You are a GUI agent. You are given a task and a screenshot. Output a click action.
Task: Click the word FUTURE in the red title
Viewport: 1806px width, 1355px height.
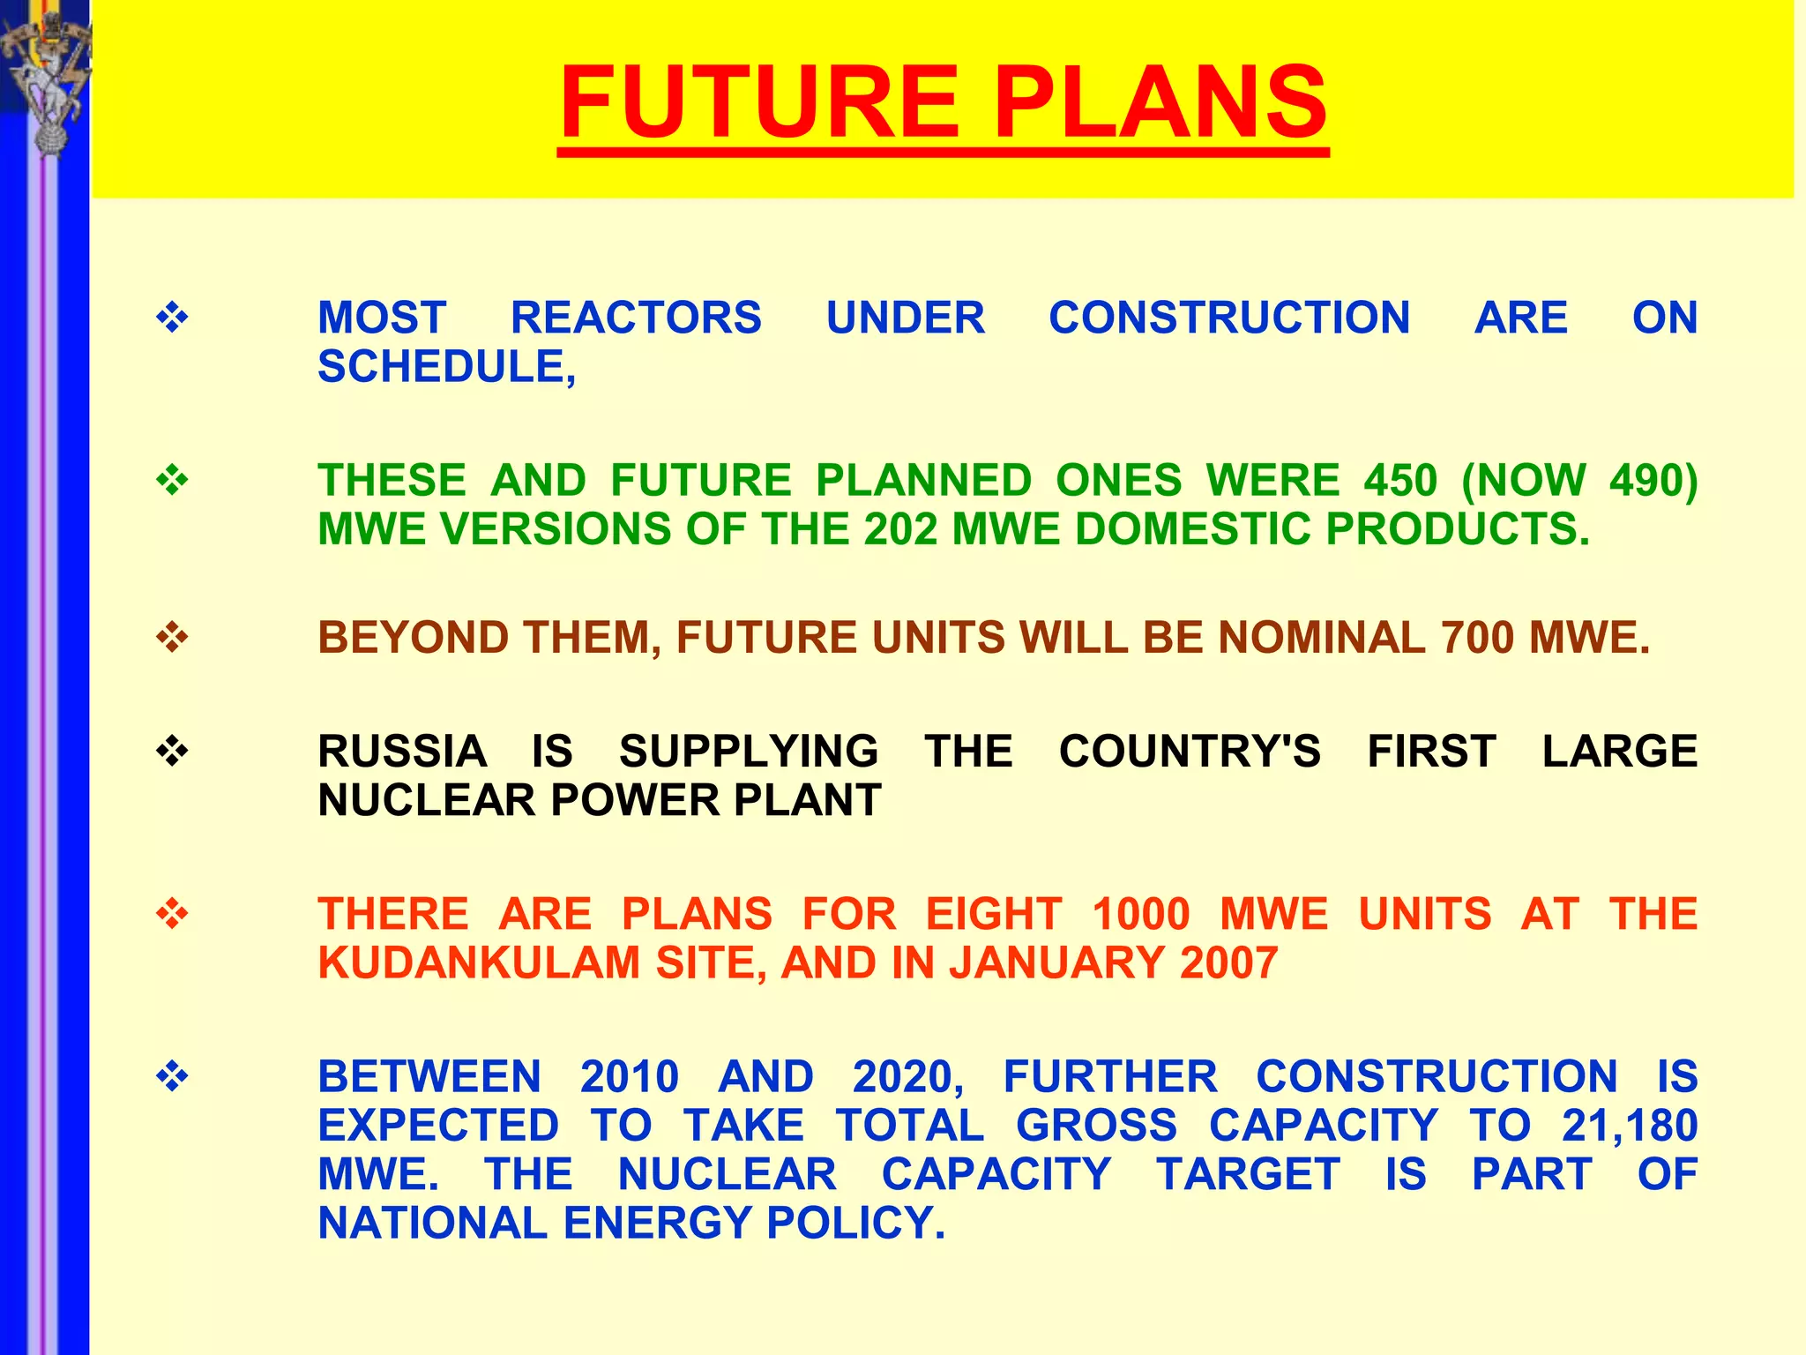click(759, 103)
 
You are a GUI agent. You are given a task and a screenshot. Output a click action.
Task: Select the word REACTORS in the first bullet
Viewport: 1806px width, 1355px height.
click(636, 318)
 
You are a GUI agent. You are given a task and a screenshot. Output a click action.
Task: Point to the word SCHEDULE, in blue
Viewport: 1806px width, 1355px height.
click(446, 367)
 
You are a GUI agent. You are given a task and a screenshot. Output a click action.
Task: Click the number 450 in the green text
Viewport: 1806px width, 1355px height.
click(1400, 481)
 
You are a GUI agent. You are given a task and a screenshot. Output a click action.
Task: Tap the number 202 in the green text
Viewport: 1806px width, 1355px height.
click(900, 529)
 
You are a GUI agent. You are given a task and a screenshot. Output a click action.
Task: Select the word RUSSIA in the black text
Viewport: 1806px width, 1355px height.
click(402, 752)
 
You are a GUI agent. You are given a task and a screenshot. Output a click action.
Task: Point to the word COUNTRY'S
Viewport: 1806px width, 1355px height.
click(1190, 752)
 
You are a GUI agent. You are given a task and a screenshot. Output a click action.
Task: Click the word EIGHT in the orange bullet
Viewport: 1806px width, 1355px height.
click(994, 914)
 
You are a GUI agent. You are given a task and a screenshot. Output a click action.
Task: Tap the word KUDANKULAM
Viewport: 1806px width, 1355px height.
click(480, 962)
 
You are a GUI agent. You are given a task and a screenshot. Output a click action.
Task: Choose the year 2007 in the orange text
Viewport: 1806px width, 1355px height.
click(1229, 962)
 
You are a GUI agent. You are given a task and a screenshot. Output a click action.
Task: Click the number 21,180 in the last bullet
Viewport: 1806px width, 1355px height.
click(1630, 1126)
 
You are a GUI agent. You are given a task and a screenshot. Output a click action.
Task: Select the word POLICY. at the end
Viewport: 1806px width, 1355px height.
click(856, 1224)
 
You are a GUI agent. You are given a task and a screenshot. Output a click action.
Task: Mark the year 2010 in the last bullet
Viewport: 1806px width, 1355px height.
click(630, 1077)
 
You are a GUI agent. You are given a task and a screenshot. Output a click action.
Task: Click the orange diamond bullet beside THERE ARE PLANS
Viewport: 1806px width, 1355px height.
click(172, 913)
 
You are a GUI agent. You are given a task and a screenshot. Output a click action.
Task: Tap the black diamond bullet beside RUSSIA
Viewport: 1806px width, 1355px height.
click(172, 751)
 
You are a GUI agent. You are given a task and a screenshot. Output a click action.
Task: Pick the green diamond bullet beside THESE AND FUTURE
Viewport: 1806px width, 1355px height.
click(172, 480)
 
